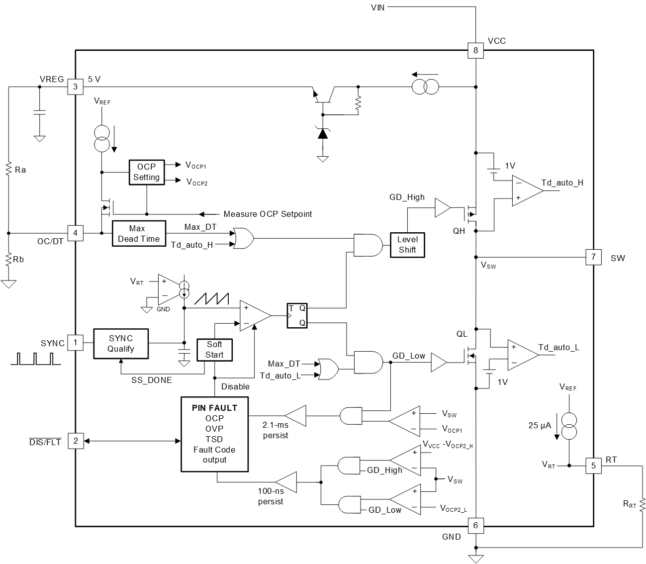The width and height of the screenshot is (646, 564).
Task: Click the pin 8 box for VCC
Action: tap(475, 50)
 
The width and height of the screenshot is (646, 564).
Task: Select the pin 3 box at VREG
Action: tap(75, 87)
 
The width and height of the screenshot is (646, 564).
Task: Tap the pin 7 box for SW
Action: tap(593, 257)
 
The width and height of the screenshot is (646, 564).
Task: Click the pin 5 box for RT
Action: tap(593, 466)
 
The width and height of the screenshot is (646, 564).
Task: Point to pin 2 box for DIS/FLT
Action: tap(76, 441)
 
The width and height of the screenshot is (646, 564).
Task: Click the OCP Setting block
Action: tap(146, 172)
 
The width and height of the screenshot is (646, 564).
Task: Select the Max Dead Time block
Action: tap(139, 233)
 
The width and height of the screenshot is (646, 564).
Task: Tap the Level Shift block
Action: tap(407, 245)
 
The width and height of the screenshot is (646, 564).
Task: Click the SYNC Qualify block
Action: tap(121, 343)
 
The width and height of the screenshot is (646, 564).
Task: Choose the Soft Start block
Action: tap(214, 350)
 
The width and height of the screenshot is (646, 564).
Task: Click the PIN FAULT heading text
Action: tap(214, 408)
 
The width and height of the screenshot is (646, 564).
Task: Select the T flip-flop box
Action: tap(297, 315)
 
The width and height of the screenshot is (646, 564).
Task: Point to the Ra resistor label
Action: tap(20, 170)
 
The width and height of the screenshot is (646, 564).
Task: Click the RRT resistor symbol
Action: tap(642, 505)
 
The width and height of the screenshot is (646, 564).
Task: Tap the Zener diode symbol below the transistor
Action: tap(323, 133)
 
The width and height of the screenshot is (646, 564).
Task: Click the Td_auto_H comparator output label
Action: tap(562, 183)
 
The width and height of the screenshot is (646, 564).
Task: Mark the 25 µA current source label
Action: tap(540, 425)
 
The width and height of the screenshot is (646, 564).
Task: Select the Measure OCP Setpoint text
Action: tap(268, 214)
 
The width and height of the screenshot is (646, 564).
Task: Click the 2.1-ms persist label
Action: tap(276, 430)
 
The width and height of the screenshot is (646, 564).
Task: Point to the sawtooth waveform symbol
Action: tap(211, 298)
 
